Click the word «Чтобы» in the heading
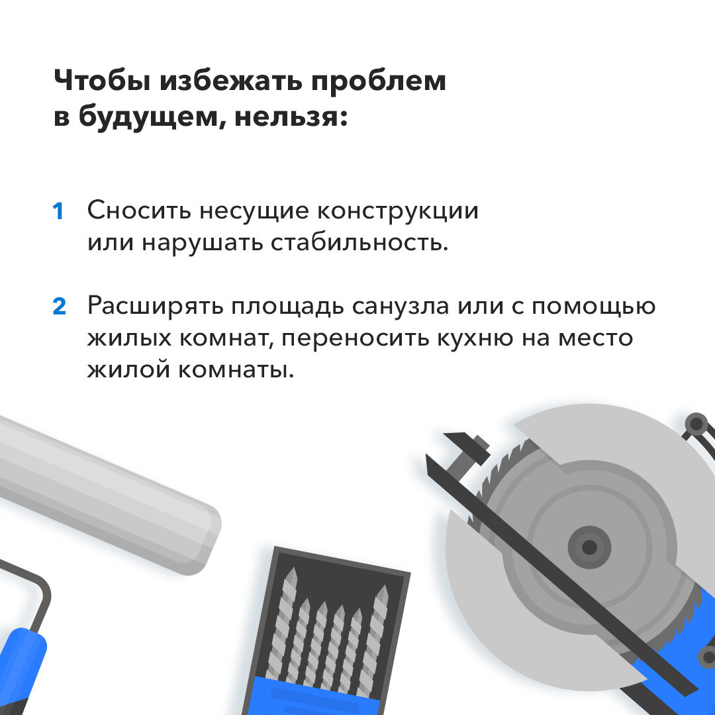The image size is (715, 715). point(102,81)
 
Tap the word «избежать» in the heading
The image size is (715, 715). point(231,81)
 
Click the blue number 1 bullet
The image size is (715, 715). point(58,212)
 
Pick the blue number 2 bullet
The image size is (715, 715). point(60,307)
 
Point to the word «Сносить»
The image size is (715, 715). point(139,211)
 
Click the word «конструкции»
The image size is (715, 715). point(398,211)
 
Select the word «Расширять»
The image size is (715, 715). point(155,306)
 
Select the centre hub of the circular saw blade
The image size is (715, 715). point(589,547)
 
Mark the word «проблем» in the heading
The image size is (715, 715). point(379,82)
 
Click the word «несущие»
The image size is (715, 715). point(254,211)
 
